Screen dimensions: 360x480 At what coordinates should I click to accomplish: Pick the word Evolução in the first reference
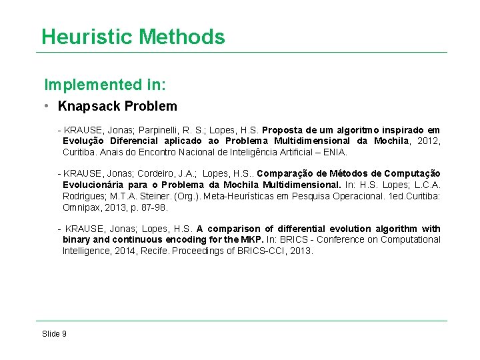pos(83,141)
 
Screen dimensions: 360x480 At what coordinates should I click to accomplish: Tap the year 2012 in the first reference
pos(424,141)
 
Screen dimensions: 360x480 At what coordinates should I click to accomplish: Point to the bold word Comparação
pos(291,174)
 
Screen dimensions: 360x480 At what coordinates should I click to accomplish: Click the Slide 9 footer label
pos(54,333)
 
